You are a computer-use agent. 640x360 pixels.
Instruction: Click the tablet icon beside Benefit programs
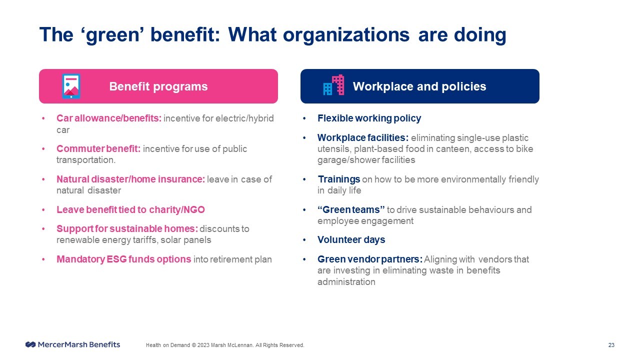(x=71, y=86)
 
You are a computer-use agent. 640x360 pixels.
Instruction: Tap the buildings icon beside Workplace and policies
(x=333, y=85)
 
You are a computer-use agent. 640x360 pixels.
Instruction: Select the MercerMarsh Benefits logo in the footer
(x=73, y=344)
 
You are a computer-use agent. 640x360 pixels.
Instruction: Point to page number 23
(x=611, y=345)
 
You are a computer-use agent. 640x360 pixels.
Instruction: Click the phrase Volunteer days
(x=351, y=239)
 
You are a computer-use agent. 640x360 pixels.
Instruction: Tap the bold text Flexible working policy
(x=369, y=118)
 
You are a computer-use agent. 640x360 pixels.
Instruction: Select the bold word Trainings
(x=338, y=179)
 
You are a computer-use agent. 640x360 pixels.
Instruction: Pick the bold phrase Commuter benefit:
(x=98, y=149)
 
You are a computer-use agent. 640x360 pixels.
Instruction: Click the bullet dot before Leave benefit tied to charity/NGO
(x=43, y=209)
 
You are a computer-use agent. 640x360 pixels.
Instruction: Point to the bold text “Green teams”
(x=351, y=209)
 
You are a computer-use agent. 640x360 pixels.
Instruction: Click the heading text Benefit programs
(x=158, y=86)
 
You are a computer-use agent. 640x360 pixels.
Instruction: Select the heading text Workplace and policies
(x=419, y=86)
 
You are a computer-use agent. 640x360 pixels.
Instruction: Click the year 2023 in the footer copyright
(x=203, y=345)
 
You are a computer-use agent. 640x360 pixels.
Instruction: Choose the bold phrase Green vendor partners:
(x=369, y=259)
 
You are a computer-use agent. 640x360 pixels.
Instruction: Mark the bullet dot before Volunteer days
(x=304, y=239)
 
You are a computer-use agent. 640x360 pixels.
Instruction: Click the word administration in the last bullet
(x=346, y=282)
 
